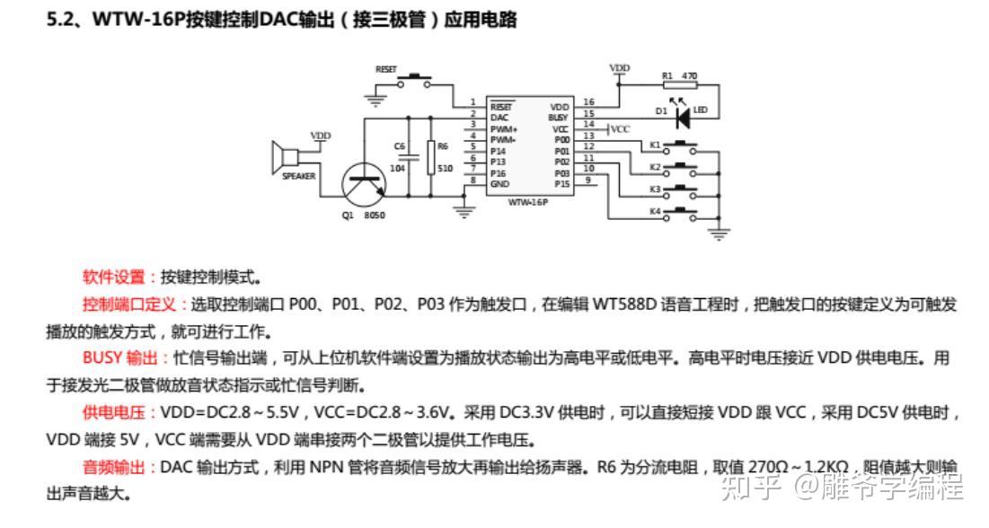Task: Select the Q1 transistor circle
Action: coord(364,183)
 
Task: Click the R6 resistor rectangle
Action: coord(431,157)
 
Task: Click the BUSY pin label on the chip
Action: coord(558,117)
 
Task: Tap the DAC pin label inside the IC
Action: coord(499,117)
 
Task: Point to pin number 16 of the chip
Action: coord(588,102)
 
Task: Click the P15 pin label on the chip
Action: coord(561,183)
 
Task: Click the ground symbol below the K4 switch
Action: coord(719,234)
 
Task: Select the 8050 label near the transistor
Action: coord(375,216)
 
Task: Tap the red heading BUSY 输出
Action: coord(119,358)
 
